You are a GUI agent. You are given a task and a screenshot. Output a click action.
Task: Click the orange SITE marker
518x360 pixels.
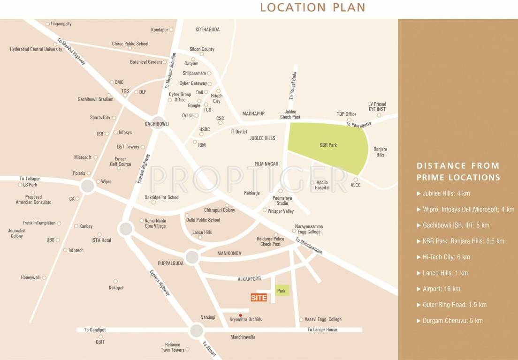[259, 298]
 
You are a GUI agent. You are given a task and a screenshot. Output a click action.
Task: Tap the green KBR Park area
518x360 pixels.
[328, 146]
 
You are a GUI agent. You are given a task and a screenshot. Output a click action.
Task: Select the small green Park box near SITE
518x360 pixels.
[282, 291]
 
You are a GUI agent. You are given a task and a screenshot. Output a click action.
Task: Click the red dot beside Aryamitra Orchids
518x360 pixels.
[241, 315]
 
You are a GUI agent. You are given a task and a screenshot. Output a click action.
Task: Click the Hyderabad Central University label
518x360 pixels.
[36, 49]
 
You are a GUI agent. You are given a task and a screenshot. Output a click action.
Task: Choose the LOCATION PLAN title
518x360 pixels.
[312, 7]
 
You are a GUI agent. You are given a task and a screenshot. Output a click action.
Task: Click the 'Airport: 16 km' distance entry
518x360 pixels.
[442, 289]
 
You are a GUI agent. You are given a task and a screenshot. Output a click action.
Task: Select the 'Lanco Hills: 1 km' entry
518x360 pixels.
[445, 273]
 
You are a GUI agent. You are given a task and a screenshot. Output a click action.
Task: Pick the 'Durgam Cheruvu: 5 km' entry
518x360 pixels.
[452, 321]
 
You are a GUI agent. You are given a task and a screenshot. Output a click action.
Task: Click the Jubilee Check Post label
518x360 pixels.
[290, 114]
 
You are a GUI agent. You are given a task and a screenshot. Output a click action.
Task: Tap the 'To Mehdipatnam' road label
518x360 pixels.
[309, 246]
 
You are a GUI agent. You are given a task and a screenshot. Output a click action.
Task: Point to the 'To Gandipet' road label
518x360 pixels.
[93, 330]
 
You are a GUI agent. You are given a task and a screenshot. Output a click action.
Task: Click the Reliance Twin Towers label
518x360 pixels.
[172, 347]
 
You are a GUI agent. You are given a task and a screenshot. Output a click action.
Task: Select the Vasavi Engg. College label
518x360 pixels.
[323, 320]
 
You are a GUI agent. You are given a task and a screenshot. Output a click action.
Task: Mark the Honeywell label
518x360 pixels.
[30, 277]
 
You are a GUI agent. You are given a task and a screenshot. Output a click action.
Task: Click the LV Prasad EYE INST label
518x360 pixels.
[377, 106]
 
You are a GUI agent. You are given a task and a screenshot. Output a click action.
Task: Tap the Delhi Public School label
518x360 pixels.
[203, 220]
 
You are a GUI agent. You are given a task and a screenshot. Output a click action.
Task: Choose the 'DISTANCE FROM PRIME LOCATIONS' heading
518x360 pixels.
[458, 172]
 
